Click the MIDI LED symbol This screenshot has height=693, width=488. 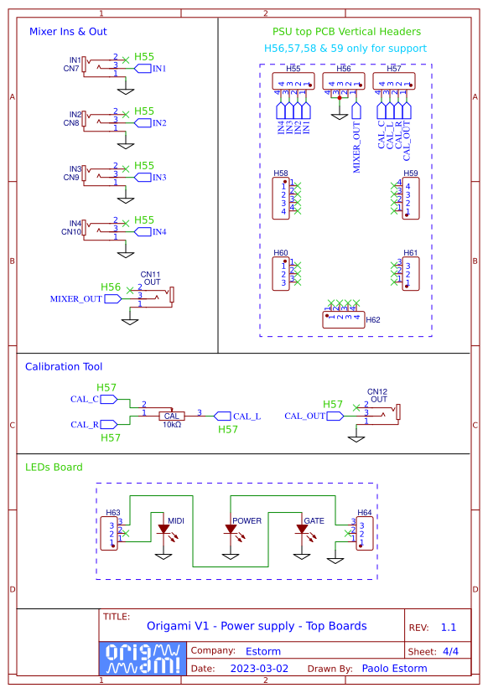164,530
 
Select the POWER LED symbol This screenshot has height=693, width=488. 230,530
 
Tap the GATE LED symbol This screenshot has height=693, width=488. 301,530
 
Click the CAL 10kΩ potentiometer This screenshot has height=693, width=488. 172,416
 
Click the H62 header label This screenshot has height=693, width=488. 373,319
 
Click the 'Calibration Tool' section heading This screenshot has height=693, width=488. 64,367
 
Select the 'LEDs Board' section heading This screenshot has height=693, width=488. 54,467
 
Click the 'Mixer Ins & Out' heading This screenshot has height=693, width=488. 68,32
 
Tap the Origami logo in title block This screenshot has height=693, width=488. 141,659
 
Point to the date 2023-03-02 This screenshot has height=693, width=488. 259,669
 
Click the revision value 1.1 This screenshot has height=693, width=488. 448,627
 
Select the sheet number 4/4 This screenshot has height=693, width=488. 450,651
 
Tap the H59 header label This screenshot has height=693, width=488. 410,173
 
